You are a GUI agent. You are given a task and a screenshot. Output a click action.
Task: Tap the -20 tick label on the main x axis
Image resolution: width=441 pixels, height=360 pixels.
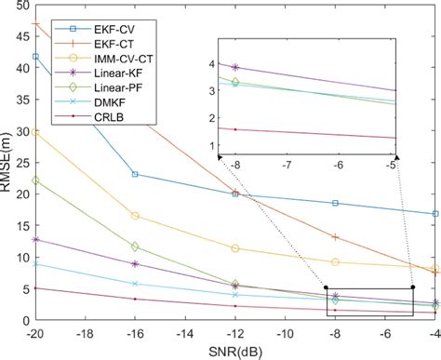pyautogui.click(x=35, y=332)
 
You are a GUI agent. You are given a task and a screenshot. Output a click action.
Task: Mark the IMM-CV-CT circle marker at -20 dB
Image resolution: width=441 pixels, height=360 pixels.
pyautogui.click(x=35, y=132)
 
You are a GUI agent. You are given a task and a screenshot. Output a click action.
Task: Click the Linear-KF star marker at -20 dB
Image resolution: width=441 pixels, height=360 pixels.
pyautogui.click(x=35, y=240)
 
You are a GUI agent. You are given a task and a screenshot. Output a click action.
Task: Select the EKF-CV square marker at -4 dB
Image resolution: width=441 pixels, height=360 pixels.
pyautogui.click(x=435, y=214)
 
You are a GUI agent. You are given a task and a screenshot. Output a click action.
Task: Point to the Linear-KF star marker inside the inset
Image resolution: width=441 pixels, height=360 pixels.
pyautogui.click(x=234, y=68)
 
